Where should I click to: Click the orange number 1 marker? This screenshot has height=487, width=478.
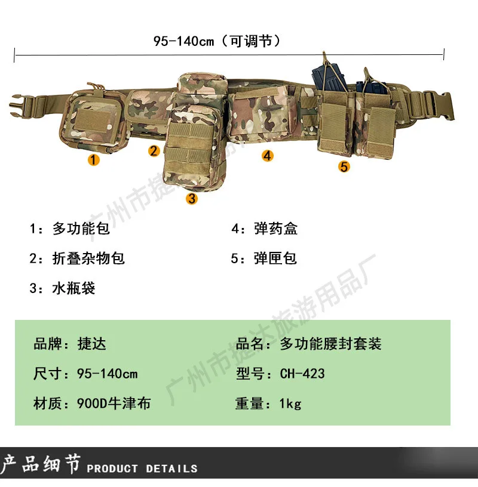click(94, 160)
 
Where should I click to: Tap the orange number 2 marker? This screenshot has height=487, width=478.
click(154, 151)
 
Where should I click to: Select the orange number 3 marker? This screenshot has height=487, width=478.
click(192, 199)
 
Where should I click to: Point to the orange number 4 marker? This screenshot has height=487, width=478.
click(268, 156)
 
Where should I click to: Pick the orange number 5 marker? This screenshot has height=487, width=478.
click(344, 167)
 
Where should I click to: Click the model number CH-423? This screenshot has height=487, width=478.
click(302, 374)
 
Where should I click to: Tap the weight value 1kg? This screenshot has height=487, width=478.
click(290, 403)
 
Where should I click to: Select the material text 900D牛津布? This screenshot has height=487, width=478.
click(114, 403)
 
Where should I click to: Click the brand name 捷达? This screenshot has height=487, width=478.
click(92, 344)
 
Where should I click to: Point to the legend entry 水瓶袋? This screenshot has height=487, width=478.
click(73, 288)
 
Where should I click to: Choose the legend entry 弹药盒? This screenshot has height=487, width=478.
click(275, 229)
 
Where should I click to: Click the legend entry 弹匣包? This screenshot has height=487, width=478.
click(275, 258)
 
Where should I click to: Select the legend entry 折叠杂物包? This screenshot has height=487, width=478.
click(88, 258)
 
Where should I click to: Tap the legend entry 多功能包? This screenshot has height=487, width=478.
click(81, 229)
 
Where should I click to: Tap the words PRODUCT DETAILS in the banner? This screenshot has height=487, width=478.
click(142, 468)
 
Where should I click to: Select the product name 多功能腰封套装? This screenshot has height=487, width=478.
click(330, 344)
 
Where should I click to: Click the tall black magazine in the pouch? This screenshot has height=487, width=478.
click(329, 77)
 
